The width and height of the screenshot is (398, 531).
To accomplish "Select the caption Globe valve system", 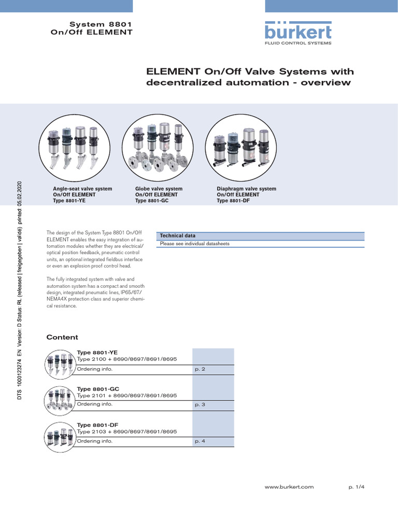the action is click(x=159, y=189).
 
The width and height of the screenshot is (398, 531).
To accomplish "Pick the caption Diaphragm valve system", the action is click(x=246, y=189).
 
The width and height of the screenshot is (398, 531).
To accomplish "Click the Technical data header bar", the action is click(x=260, y=236).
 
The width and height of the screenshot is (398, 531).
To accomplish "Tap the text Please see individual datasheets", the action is click(x=194, y=244).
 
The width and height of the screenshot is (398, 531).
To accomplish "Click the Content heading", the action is click(x=62, y=337).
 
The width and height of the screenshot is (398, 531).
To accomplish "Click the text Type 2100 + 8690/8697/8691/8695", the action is click(x=127, y=359).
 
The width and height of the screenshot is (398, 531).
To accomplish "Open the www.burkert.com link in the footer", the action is click(x=289, y=487).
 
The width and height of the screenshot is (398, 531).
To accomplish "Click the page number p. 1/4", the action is click(x=357, y=487).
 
